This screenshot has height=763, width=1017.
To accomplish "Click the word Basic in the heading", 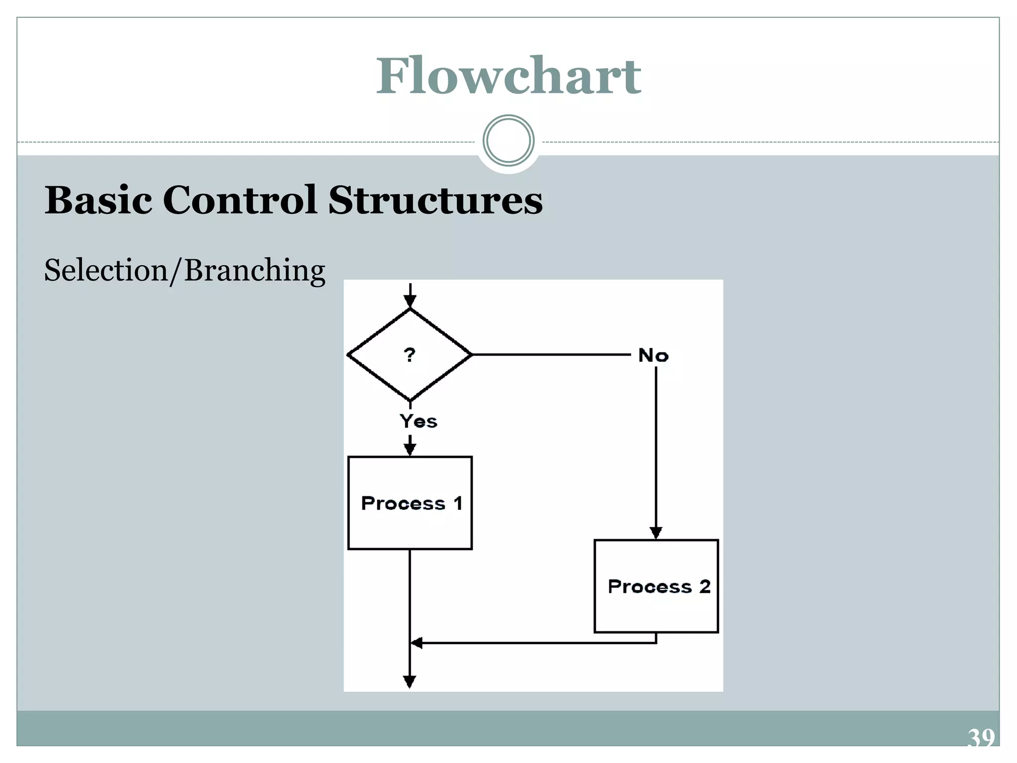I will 98,200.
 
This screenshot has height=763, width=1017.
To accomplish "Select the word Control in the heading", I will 239,200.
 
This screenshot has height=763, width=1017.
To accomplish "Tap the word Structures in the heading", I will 435,200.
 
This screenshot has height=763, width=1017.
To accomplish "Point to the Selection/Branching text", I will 184,271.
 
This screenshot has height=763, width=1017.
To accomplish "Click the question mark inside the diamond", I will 409,355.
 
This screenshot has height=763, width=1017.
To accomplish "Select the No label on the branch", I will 653,356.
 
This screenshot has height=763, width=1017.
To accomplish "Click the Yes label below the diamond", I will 418,421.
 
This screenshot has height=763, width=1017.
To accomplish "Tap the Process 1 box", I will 410,503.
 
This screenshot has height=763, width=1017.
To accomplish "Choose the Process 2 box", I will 656,586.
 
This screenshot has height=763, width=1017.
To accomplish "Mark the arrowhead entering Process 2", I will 656,533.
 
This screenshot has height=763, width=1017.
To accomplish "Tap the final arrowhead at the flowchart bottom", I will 410,682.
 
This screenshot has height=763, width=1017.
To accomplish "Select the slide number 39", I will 981,738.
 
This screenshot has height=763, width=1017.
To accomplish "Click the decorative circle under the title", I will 508,141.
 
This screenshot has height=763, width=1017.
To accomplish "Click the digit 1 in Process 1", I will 458,503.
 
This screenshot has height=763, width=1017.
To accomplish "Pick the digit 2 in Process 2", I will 705,586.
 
